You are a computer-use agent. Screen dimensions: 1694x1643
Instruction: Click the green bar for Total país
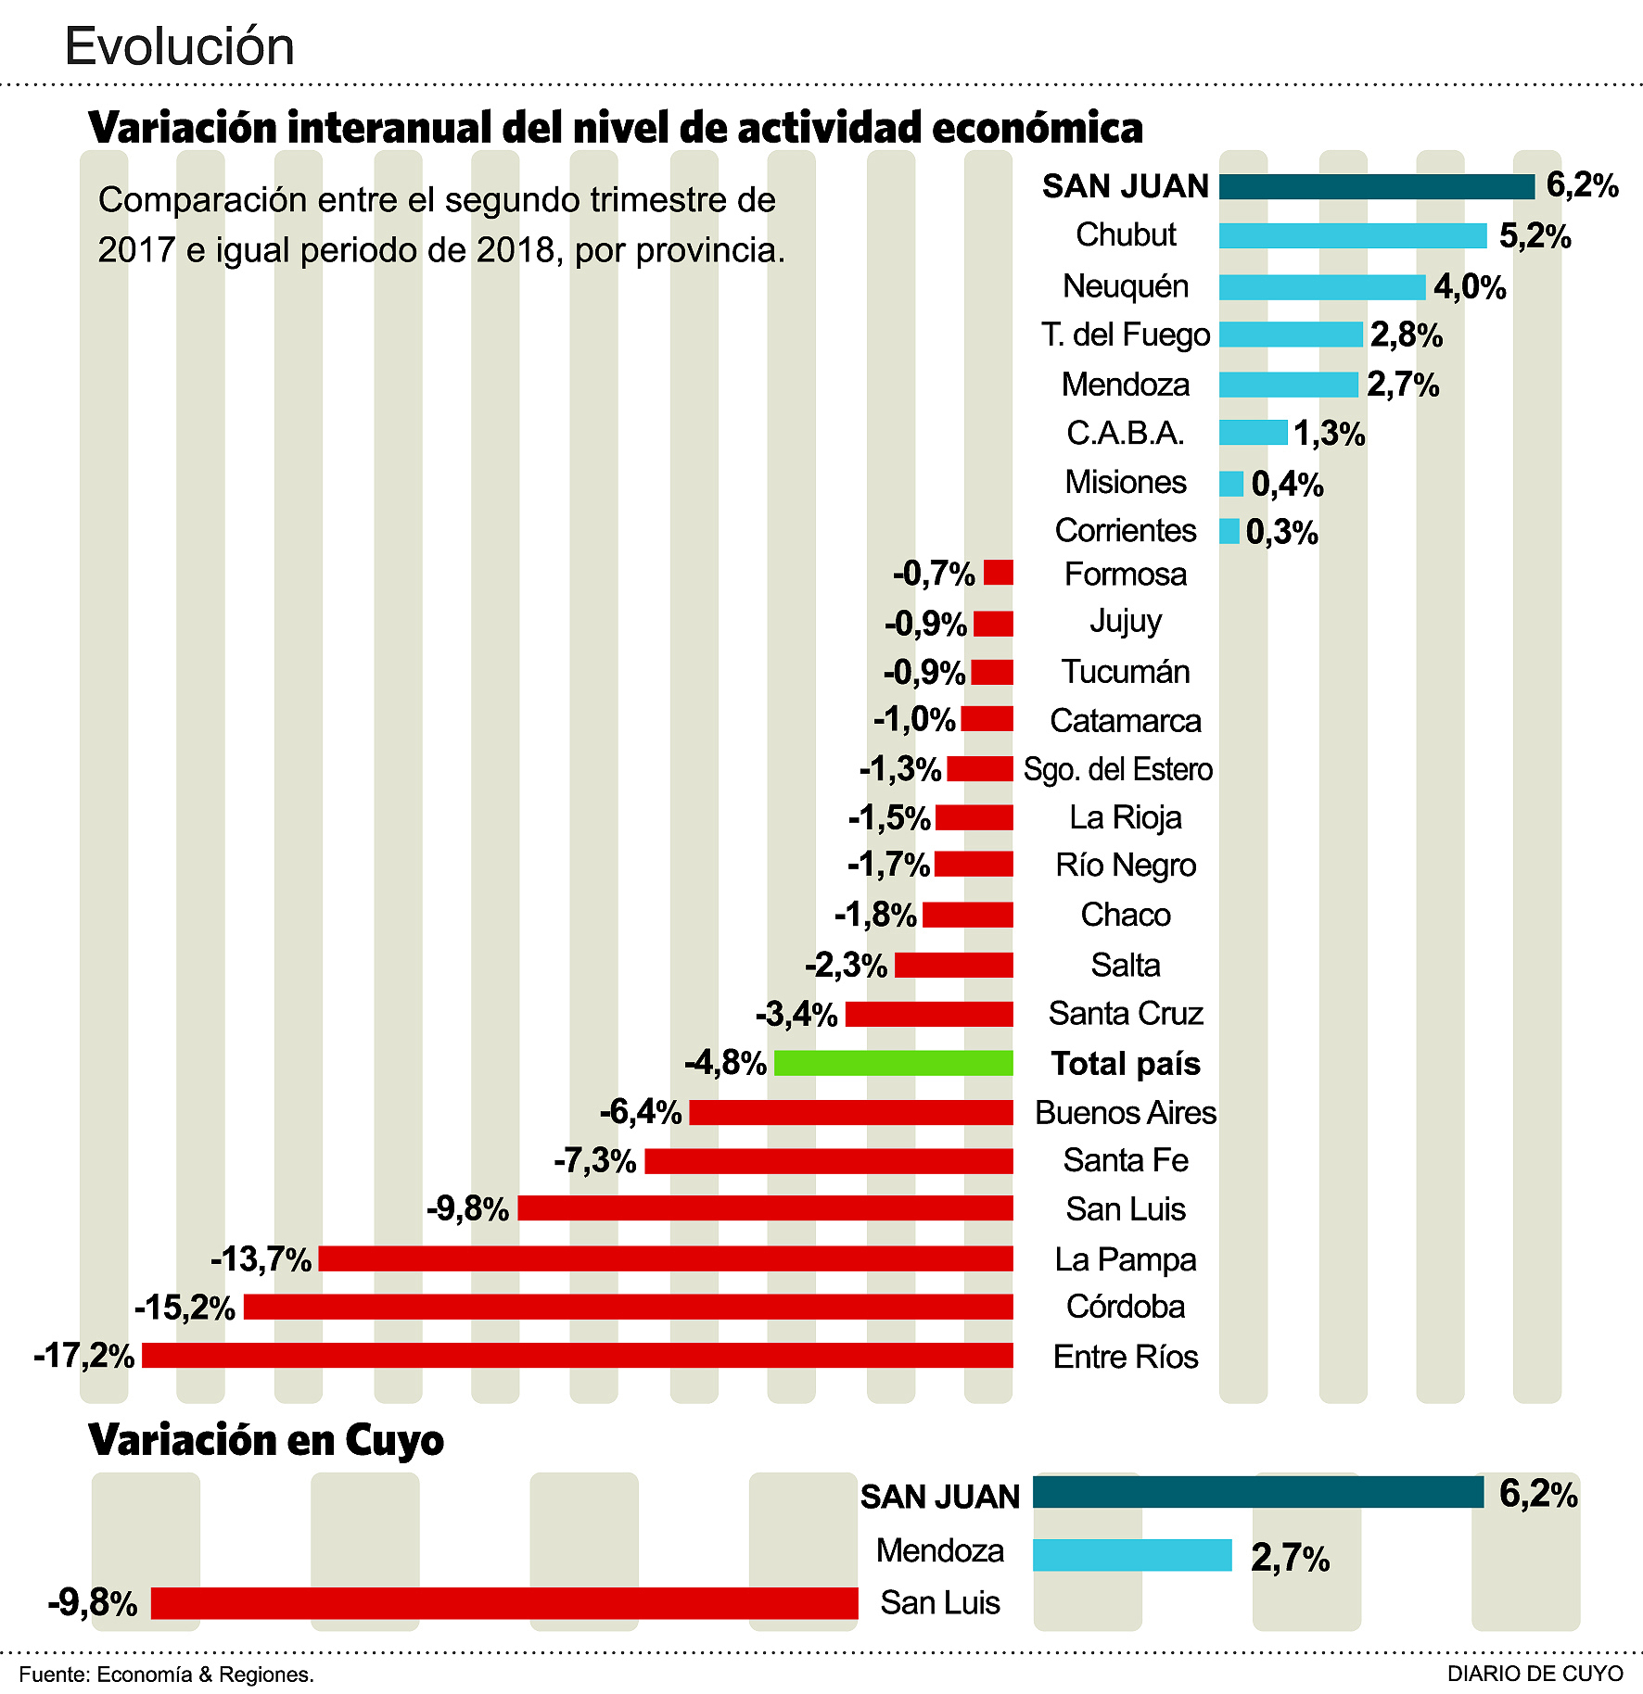893,1063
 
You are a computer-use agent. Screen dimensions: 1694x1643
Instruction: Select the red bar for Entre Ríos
577,1356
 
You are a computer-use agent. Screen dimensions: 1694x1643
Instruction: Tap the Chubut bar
1353,236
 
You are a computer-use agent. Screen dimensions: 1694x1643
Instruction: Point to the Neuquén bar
1321,287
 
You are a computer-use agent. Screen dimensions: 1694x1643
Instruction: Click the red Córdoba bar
628,1307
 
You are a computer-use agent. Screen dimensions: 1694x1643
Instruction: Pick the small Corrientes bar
1229,531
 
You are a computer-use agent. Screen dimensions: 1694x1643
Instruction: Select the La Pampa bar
665,1258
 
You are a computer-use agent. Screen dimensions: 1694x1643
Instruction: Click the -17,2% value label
84,1356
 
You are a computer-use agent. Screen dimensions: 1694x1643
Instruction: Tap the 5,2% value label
1535,237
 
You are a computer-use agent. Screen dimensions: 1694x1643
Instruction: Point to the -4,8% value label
725,1062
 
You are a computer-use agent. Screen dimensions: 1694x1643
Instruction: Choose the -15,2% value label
185,1308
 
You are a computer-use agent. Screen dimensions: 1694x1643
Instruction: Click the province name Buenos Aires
1125,1112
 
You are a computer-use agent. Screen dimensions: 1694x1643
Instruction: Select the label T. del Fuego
1125,335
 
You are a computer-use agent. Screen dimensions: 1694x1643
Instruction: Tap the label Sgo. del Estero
1117,769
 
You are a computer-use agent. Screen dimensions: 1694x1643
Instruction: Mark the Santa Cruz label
1125,1014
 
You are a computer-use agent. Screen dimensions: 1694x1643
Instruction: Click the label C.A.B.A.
1125,433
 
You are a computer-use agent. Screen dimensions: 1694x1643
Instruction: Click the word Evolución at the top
179,46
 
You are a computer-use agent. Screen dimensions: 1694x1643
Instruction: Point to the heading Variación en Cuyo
266,1440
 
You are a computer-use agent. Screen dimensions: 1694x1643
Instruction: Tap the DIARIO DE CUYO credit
1535,1674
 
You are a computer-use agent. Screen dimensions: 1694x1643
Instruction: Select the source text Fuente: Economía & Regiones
167,1675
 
